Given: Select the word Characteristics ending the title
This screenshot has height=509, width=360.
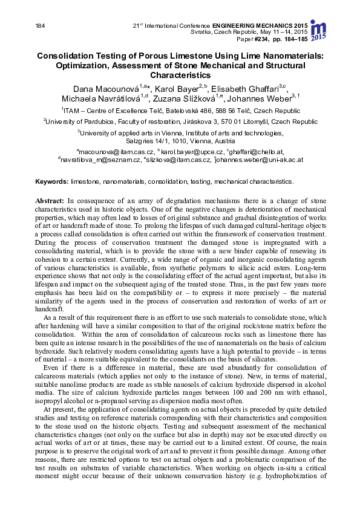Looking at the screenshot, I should click(x=180, y=76).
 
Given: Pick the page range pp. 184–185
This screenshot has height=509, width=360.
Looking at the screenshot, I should click(x=292, y=39).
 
